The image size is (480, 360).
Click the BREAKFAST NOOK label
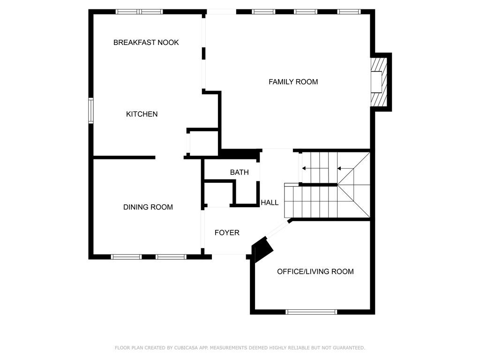pyautogui.click(x=146, y=43)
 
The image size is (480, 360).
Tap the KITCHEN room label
pyautogui.click(x=142, y=114)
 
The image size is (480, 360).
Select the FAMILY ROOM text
pyautogui.click(x=293, y=82)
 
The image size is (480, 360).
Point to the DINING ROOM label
pyautogui.click(x=148, y=207)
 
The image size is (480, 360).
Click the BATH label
pyautogui.click(x=240, y=172)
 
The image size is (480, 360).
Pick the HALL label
pyautogui.click(x=270, y=202)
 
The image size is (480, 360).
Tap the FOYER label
pyautogui.click(x=227, y=232)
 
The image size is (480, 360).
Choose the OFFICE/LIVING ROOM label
pyautogui.click(x=315, y=271)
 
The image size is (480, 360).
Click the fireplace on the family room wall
pyautogui.click(x=379, y=82)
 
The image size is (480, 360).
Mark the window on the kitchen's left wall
pyautogui.click(x=91, y=111)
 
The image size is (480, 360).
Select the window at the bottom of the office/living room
pyautogui.click(x=311, y=312)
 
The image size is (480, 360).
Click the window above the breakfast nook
pyautogui.click(x=139, y=12)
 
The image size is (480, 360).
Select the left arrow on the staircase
pyautogui.click(x=311, y=168)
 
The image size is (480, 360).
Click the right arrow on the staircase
pyautogui.click(x=345, y=168)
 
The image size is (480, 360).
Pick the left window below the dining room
pyautogui.click(x=127, y=257)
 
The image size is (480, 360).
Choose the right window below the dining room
pyautogui.click(x=171, y=257)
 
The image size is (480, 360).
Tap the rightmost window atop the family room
pyautogui.click(x=349, y=12)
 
